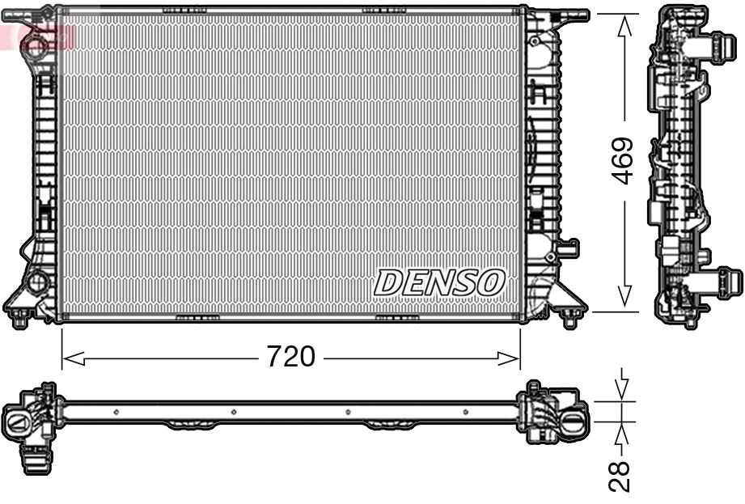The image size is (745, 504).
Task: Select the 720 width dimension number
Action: [x=291, y=356]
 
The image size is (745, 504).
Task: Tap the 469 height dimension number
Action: [x=622, y=160]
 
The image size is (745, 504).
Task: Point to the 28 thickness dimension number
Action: [x=621, y=476]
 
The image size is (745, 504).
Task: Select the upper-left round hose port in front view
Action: [x=36, y=43]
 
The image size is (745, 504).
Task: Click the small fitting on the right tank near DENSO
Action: [x=569, y=246]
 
